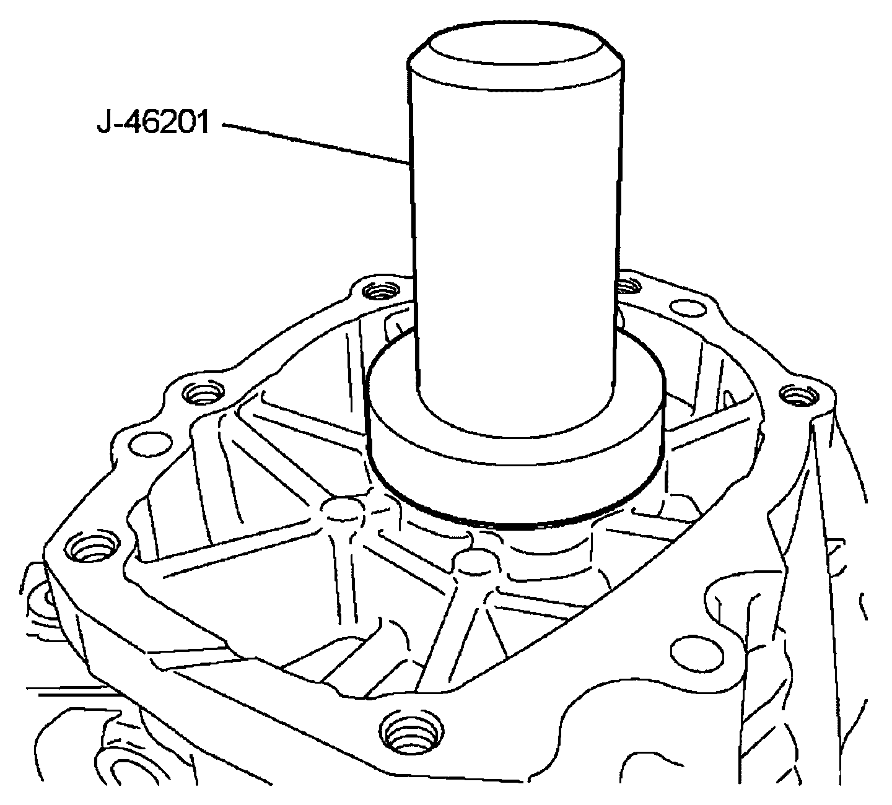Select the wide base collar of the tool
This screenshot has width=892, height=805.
click(516, 445)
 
